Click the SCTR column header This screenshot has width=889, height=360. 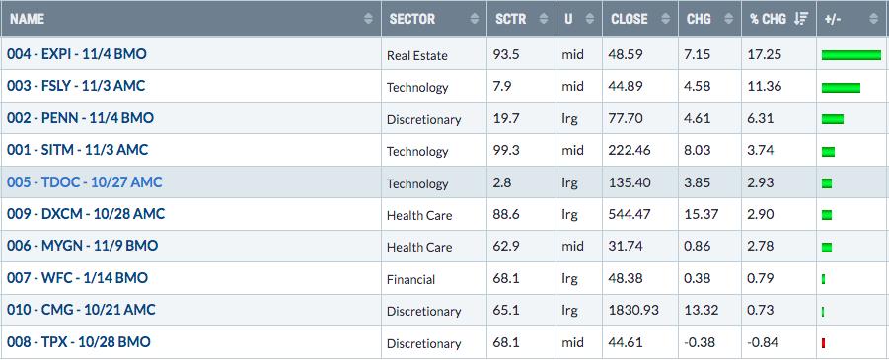510,19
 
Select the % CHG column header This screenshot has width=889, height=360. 770,19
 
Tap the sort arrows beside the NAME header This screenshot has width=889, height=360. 369,19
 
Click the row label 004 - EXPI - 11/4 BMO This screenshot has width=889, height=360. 77,54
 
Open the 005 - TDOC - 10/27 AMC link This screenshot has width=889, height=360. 85,182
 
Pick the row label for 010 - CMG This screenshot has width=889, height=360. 81,310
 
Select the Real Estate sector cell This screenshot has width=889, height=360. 416,55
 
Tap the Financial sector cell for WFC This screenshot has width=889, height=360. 411,279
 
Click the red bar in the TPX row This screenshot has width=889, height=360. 823,343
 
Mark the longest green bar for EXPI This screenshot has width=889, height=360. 852,55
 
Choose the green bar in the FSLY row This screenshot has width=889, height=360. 841,88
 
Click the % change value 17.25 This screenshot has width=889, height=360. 765,55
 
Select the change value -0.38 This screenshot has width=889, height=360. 701,342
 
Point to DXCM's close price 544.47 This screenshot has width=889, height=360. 630,215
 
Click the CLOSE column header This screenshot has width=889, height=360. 630,19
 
